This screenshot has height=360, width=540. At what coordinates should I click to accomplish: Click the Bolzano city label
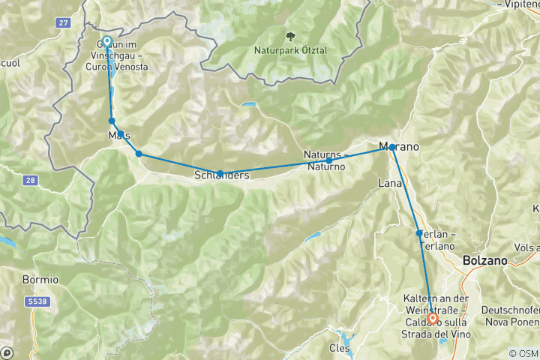tap(484, 260)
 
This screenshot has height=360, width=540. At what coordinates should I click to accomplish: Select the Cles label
tap(339, 348)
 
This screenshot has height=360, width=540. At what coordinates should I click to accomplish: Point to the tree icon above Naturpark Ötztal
tap(290, 36)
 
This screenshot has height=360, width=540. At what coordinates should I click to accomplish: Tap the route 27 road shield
tap(62, 23)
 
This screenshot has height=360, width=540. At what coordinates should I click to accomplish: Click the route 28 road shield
tap(30, 181)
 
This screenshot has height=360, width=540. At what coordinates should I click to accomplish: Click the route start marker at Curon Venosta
tap(106, 42)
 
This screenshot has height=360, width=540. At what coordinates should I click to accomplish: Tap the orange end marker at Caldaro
tap(433, 318)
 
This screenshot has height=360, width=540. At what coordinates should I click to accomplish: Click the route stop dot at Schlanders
tap(220, 173)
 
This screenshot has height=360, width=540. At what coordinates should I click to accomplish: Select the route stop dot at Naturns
tap(328, 160)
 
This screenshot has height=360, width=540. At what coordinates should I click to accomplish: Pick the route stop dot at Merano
tap(392, 147)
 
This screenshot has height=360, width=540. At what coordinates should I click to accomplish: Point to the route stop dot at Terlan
tap(419, 233)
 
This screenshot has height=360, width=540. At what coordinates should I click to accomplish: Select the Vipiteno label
tap(519, 4)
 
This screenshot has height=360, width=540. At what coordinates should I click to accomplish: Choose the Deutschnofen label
tap(510, 310)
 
